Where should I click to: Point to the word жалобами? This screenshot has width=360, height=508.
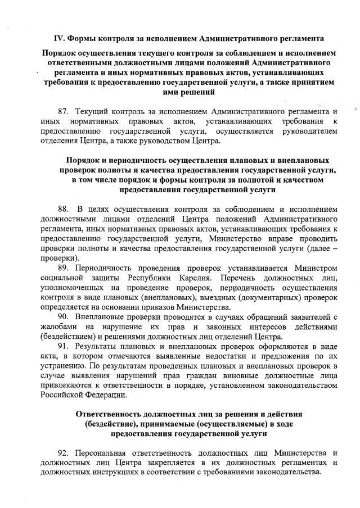(58, 326)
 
